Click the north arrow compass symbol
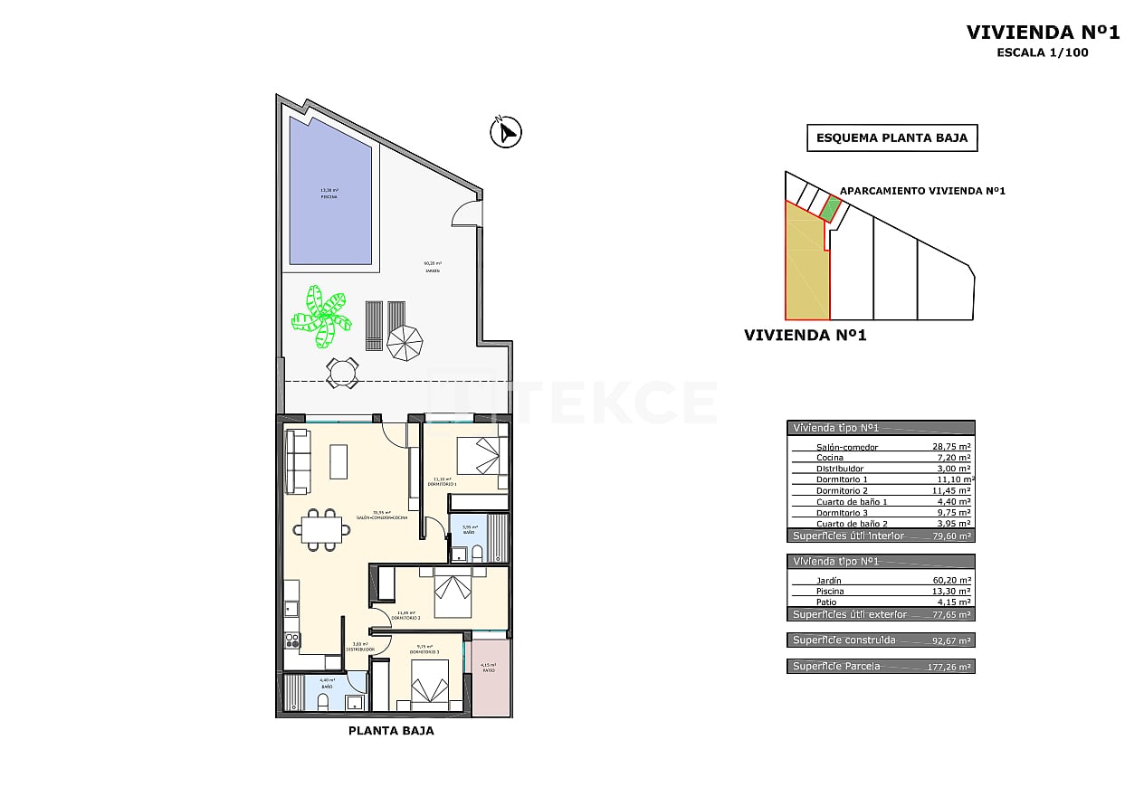pyautogui.click(x=506, y=132)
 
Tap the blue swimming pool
pyautogui.click(x=330, y=192)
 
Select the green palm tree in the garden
pyautogui.click(x=321, y=316)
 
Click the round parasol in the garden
pyautogui.click(x=405, y=341)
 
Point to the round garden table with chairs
pyautogui.click(x=342, y=373)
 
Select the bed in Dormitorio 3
pyautogui.click(x=430, y=684)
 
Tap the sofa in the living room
pyautogui.click(x=297, y=461)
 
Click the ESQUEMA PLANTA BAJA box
pyautogui.click(x=891, y=138)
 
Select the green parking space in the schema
pyautogui.click(x=830, y=208)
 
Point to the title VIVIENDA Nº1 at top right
pyautogui.click(x=1043, y=33)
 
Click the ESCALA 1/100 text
pyautogui.click(x=1043, y=52)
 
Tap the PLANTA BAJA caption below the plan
pyautogui.click(x=391, y=731)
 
